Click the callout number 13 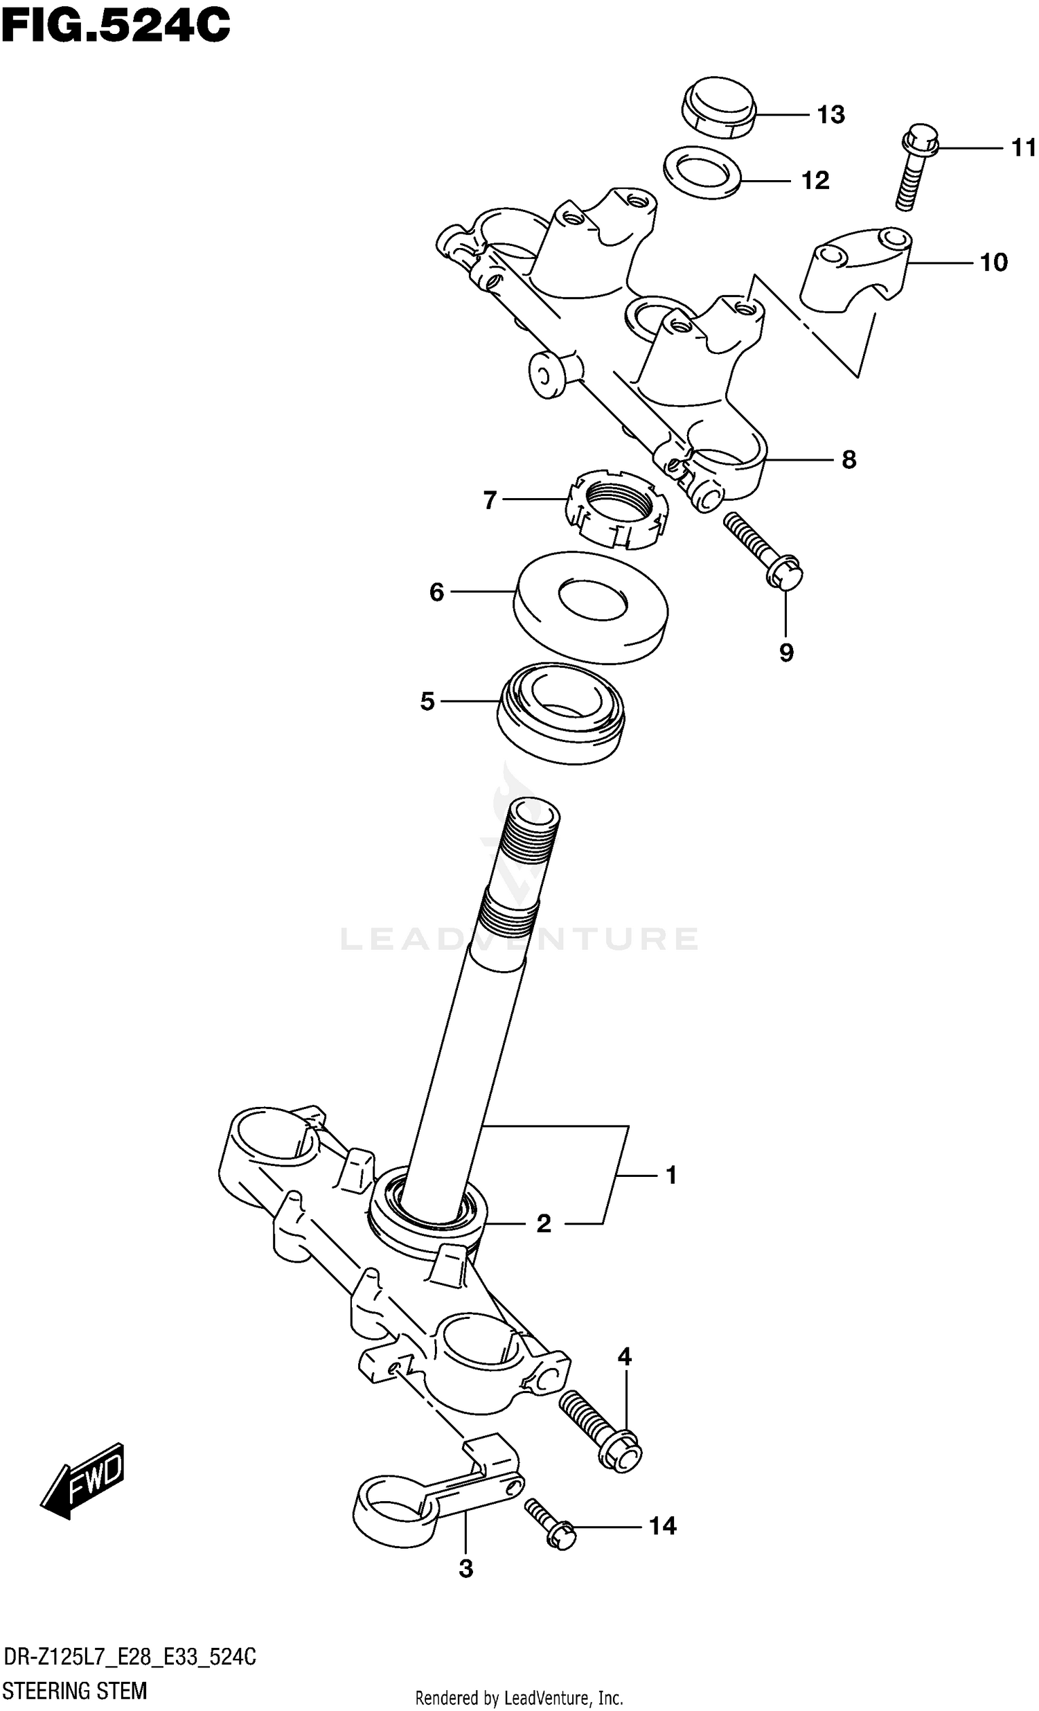pyautogui.click(x=830, y=114)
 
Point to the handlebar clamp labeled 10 pyautogui.click(x=855, y=267)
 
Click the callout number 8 pyautogui.click(x=848, y=460)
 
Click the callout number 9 pyautogui.click(x=785, y=653)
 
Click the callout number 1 pyautogui.click(x=671, y=1175)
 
